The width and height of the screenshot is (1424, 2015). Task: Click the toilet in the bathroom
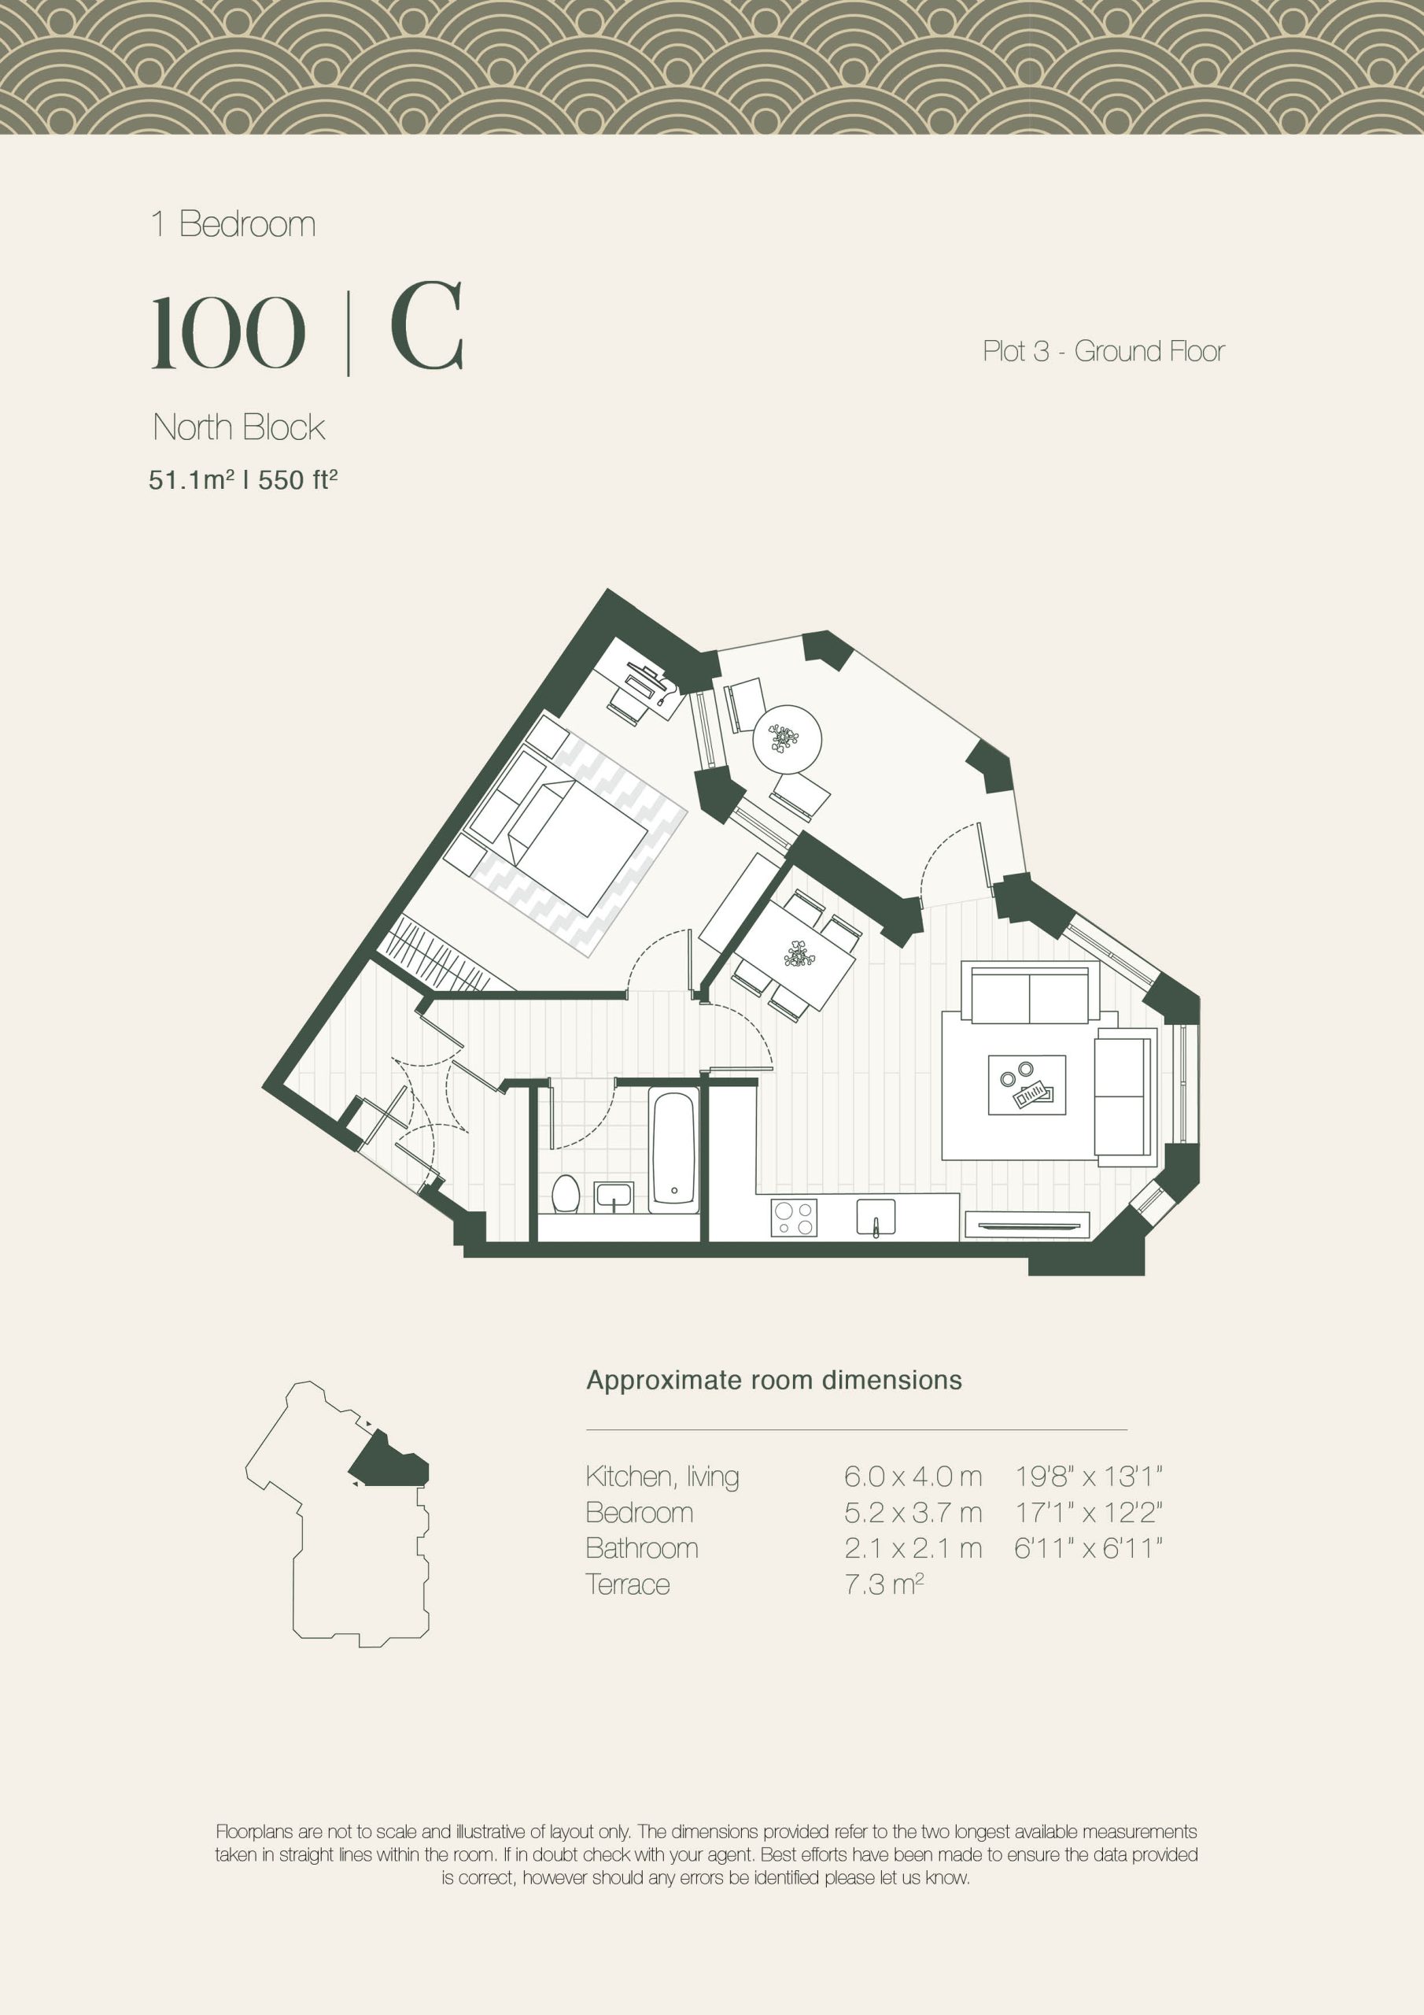(566, 1194)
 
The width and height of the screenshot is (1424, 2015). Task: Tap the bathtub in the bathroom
(673, 1151)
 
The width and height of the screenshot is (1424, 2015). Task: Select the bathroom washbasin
(614, 1196)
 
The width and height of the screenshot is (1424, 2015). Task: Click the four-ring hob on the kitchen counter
(793, 1217)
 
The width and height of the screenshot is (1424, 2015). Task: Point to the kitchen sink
(876, 1216)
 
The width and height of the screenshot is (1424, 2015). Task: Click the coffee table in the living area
(1027, 1085)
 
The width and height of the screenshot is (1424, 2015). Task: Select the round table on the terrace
(787, 739)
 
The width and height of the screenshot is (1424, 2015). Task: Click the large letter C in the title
(426, 327)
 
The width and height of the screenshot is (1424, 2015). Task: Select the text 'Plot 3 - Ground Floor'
(1103, 351)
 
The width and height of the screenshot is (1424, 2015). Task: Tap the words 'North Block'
(238, 427)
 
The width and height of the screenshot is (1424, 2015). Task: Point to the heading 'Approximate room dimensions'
(774, 1381)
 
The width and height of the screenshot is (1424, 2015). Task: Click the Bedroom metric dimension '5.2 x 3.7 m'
(913, 1512)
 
